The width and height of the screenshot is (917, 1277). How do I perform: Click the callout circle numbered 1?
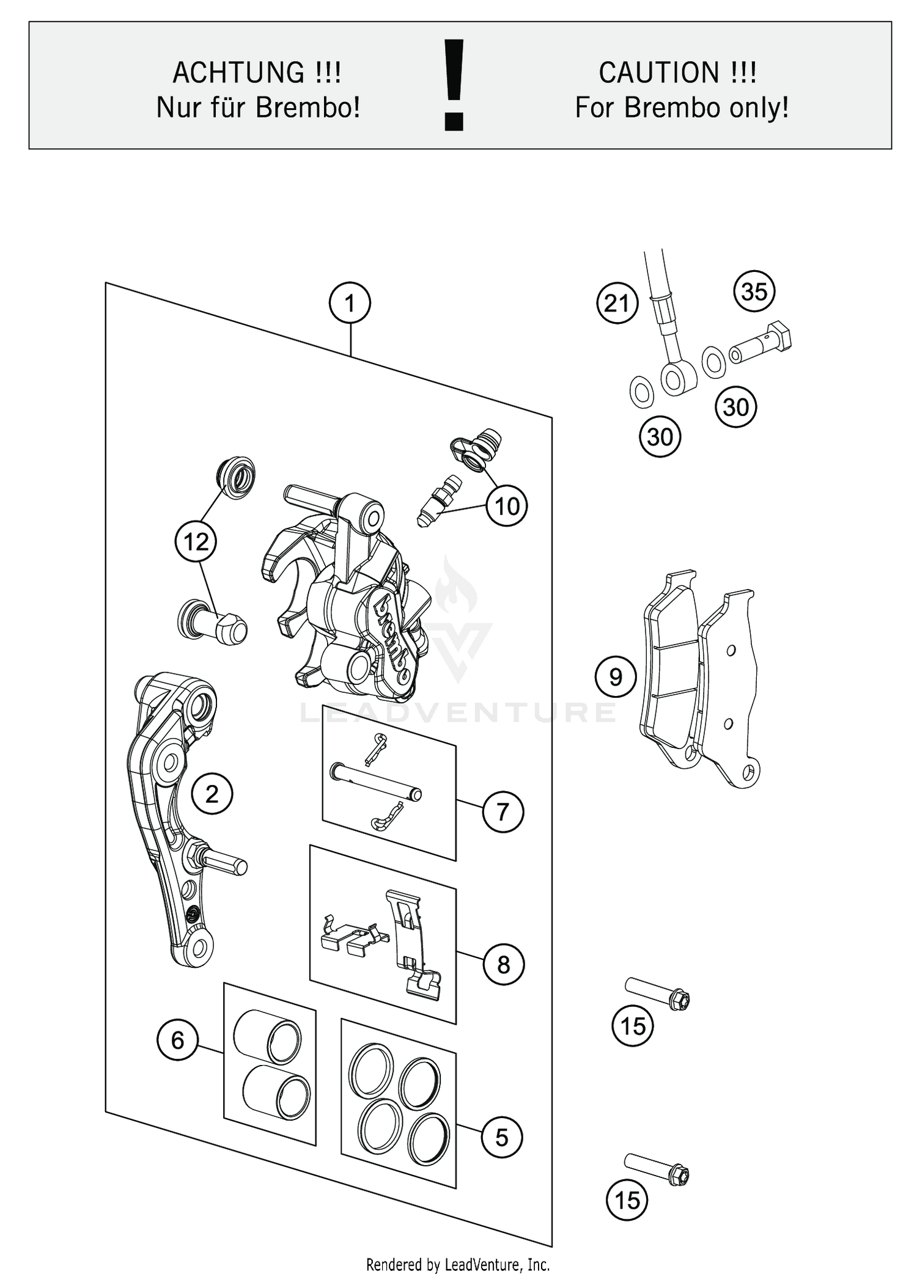pyautogui.click(x=350, y=303)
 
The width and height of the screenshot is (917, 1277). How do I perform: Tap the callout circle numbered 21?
pyautogui.click(x=617, y=303)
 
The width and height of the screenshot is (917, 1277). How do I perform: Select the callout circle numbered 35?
pyautogui.click(x=754, y=291)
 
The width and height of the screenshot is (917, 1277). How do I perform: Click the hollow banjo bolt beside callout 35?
pyautogui.click(x=760, y=344)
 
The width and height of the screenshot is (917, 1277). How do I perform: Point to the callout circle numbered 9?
pyautogui.click(x=616, y=676)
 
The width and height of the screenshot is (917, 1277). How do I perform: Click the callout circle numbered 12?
pyautogui.click(x=196, y=541)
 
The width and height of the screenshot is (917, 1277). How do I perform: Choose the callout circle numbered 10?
pyautogui.click(x=507, y=506)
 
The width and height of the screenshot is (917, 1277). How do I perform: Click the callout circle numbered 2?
pyautogui.click(x=212, y=794)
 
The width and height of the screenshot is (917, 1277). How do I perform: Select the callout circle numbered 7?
pyautogui.click(x=503, y=811)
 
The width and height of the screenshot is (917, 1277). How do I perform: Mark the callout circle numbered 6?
pyautogui.click(x=177, y=1039)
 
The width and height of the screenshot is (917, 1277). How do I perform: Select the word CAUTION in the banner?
pyautogui.click(x=659, y=73)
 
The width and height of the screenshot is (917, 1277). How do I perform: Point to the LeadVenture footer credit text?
pyautogui.click(x=458, y=1264)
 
